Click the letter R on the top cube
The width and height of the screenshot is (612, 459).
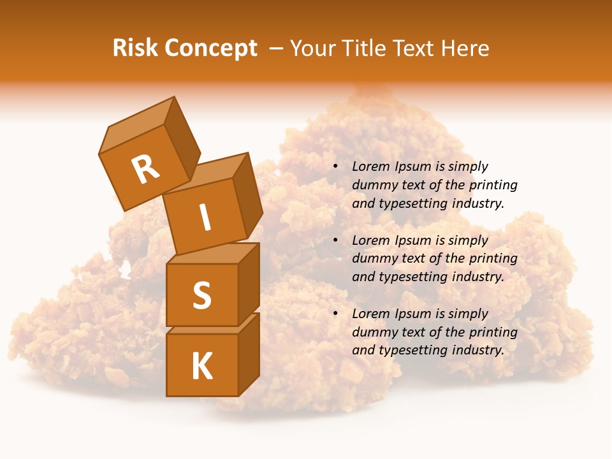click(145, 170)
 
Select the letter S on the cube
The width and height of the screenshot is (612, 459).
click(201, 295)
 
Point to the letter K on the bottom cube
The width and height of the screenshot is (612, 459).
click(201, 367)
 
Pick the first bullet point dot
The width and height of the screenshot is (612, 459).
click(335, 167)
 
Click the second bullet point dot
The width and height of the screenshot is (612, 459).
click(335, 240)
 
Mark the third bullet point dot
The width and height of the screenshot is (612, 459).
click(335, 314)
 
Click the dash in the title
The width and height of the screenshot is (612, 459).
click(277, 48)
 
